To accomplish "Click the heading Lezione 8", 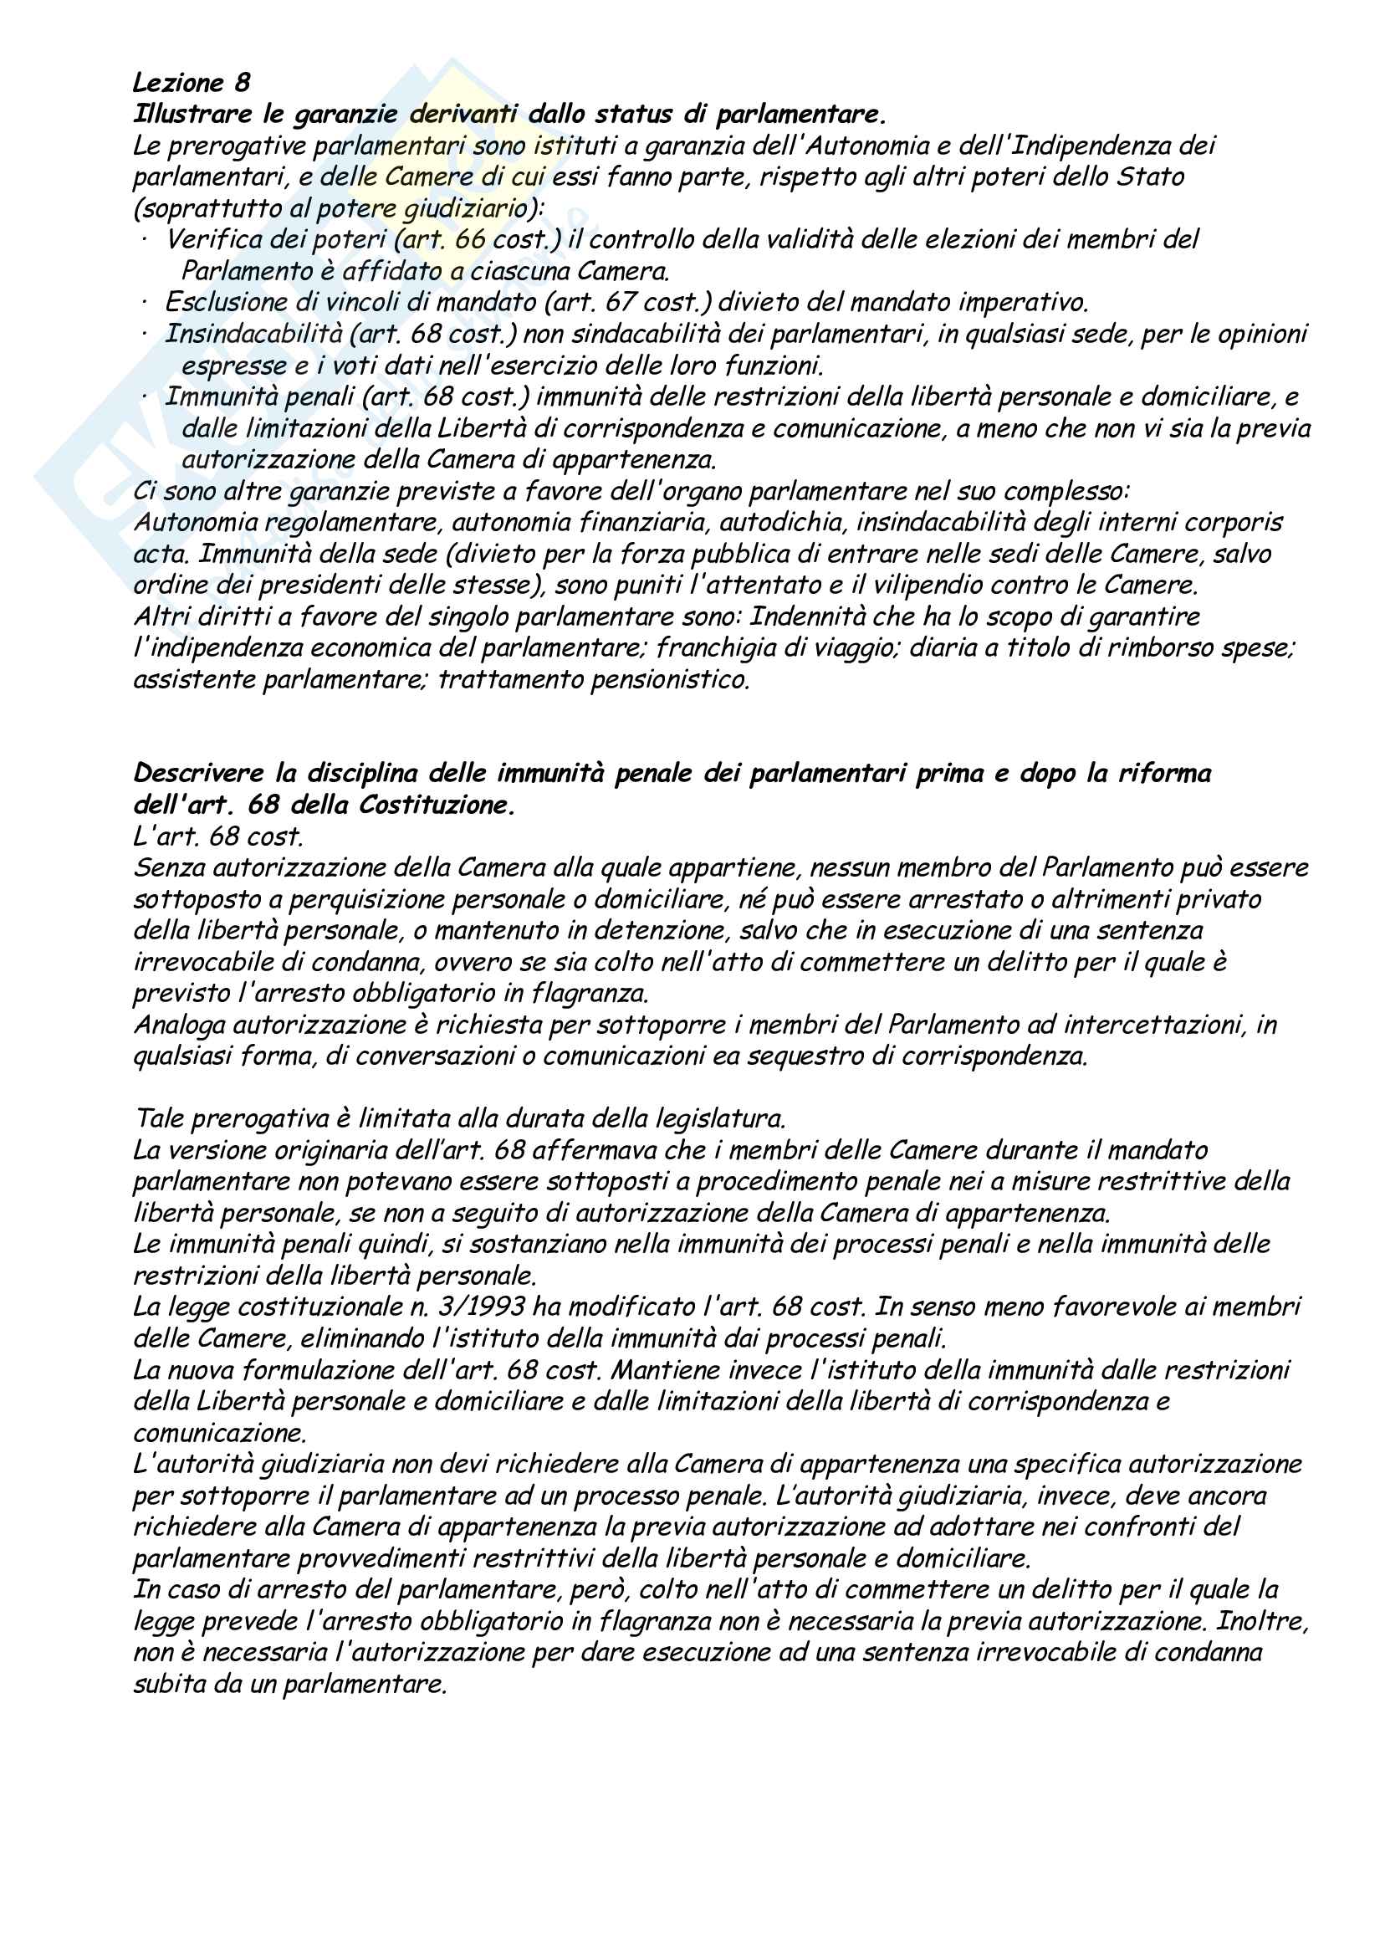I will (192, 83).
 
